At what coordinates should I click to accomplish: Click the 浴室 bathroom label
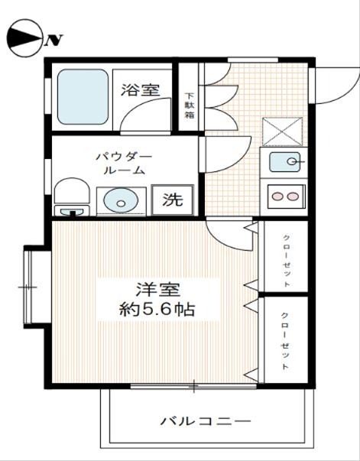tap(141, 89)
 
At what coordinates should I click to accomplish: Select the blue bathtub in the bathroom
tap(83, 99)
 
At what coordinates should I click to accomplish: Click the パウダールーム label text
tap(124, 163)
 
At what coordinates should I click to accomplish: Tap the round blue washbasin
tap(120, 200)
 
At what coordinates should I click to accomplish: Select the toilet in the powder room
tap(71, 197)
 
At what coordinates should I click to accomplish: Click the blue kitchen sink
tap(284, 162)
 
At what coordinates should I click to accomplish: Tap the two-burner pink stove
tap(284, 196)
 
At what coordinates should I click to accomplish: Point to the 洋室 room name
tap(157, 291)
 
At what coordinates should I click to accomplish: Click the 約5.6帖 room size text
tap(157, 311)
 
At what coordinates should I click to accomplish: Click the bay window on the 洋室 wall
tap(33, 287)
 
